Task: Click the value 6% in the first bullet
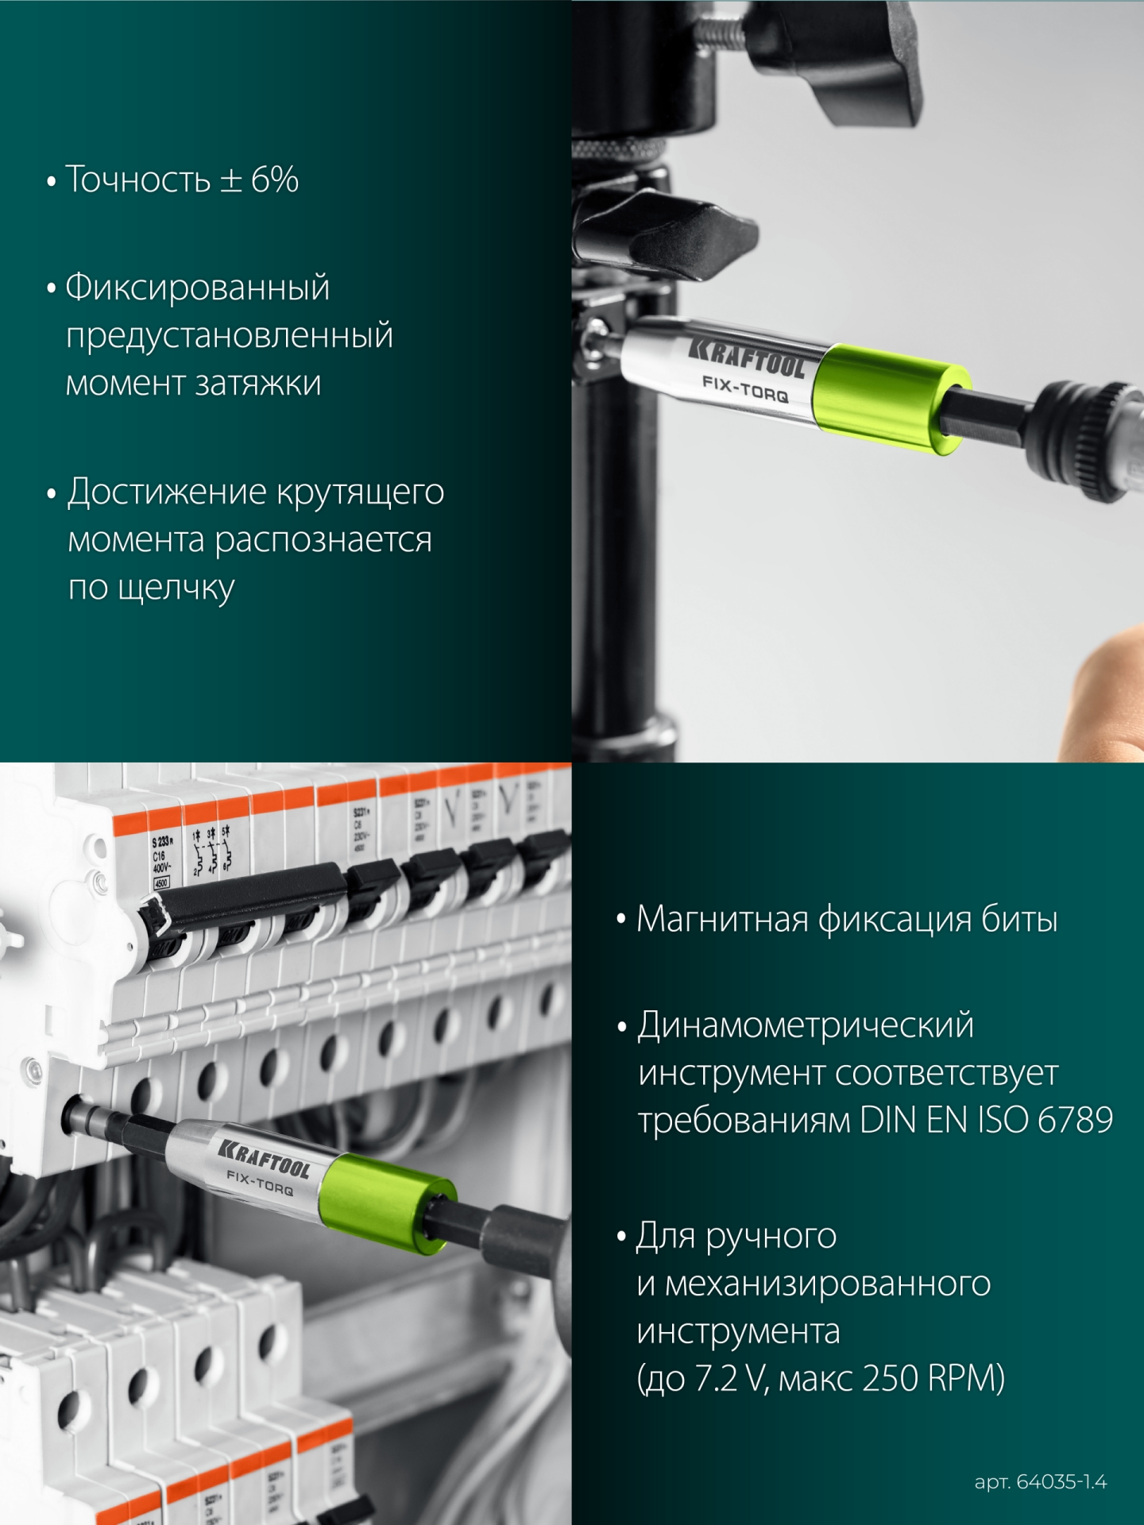275,180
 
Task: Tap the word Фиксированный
197,288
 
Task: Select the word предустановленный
230,335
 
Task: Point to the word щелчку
176,589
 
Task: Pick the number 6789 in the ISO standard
1075,1121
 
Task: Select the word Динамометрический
806,1025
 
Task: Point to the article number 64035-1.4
1061,1482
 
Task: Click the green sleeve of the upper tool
890,400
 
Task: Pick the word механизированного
827,1284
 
